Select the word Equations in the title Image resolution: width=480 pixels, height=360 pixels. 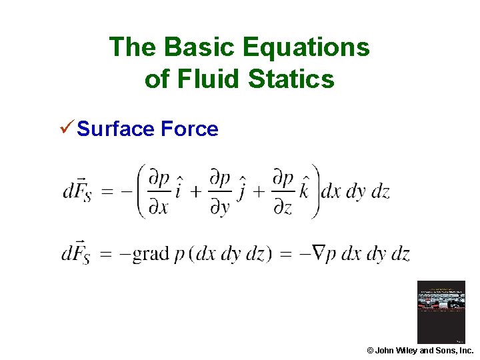coord(306,47)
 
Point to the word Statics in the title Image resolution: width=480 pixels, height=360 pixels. coord(291,79)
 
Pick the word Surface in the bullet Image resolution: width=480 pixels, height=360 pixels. coord(116,129)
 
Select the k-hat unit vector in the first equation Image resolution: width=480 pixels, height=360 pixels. coord(305,191)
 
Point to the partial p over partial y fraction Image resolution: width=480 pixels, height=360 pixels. coord(220,192)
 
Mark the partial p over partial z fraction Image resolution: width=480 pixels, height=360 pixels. coord(283,192)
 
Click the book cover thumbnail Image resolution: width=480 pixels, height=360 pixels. coord(441,312)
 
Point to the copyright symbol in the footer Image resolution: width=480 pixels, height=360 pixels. coord(370,350)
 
